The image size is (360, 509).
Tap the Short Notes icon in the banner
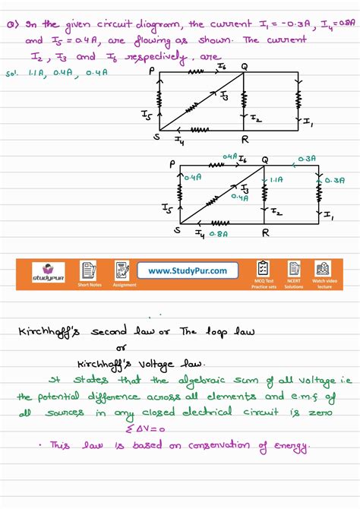pos(89,271)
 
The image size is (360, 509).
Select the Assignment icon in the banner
pos(123,271)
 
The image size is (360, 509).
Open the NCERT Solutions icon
pos(293,270)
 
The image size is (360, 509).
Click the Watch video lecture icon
pos(323,270)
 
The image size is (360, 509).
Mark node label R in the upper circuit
pos(245,141)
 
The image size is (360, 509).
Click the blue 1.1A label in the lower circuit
pos(275,181)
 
